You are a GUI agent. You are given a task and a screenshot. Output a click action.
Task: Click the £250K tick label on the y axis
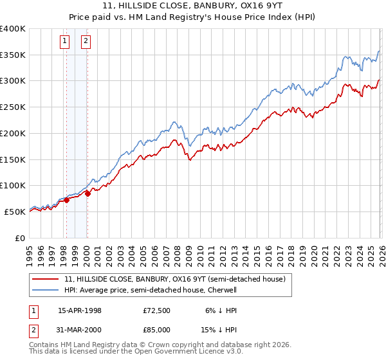pos(13,107)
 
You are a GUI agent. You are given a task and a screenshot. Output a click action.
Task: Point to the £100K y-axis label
pos(13,185)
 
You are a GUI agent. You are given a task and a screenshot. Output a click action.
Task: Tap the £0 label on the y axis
pos(20,238)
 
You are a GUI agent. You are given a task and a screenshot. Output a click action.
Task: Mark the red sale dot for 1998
pos(67,200)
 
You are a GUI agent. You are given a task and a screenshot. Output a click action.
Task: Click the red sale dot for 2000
pos(88,194)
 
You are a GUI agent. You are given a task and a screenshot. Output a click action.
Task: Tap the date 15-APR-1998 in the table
pos(80,310)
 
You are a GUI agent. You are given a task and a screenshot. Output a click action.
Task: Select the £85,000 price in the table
pos(157,329)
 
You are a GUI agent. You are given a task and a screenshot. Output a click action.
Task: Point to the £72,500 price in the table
pos(157,310)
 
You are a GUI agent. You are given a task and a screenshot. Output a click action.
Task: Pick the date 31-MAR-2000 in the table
pos(80,329)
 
